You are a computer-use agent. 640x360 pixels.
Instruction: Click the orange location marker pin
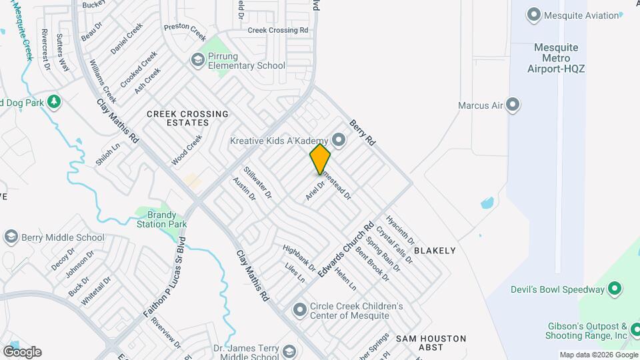pos(320,158)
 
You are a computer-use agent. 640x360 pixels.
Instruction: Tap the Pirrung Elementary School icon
pos(197,60)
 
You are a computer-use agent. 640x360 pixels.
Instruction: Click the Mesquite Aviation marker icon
pos(533,15)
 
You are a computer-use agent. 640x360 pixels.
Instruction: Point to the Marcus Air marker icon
pos(513,105)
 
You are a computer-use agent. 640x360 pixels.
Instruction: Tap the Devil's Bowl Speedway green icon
pos(615,289)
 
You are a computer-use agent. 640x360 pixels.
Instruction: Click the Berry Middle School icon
pos(11,237)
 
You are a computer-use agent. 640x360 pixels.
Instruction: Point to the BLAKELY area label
pos(435,251)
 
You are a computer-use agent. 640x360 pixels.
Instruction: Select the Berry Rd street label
pos(363,133)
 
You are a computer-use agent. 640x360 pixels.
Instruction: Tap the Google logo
pos(22,351)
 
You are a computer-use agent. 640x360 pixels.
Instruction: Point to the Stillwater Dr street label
pos(257,183)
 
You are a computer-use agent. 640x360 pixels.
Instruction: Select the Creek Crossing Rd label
pos(278,30)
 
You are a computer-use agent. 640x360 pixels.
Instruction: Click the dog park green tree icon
pos(53,102)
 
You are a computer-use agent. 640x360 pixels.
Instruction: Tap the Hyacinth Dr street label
pos(400,230)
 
